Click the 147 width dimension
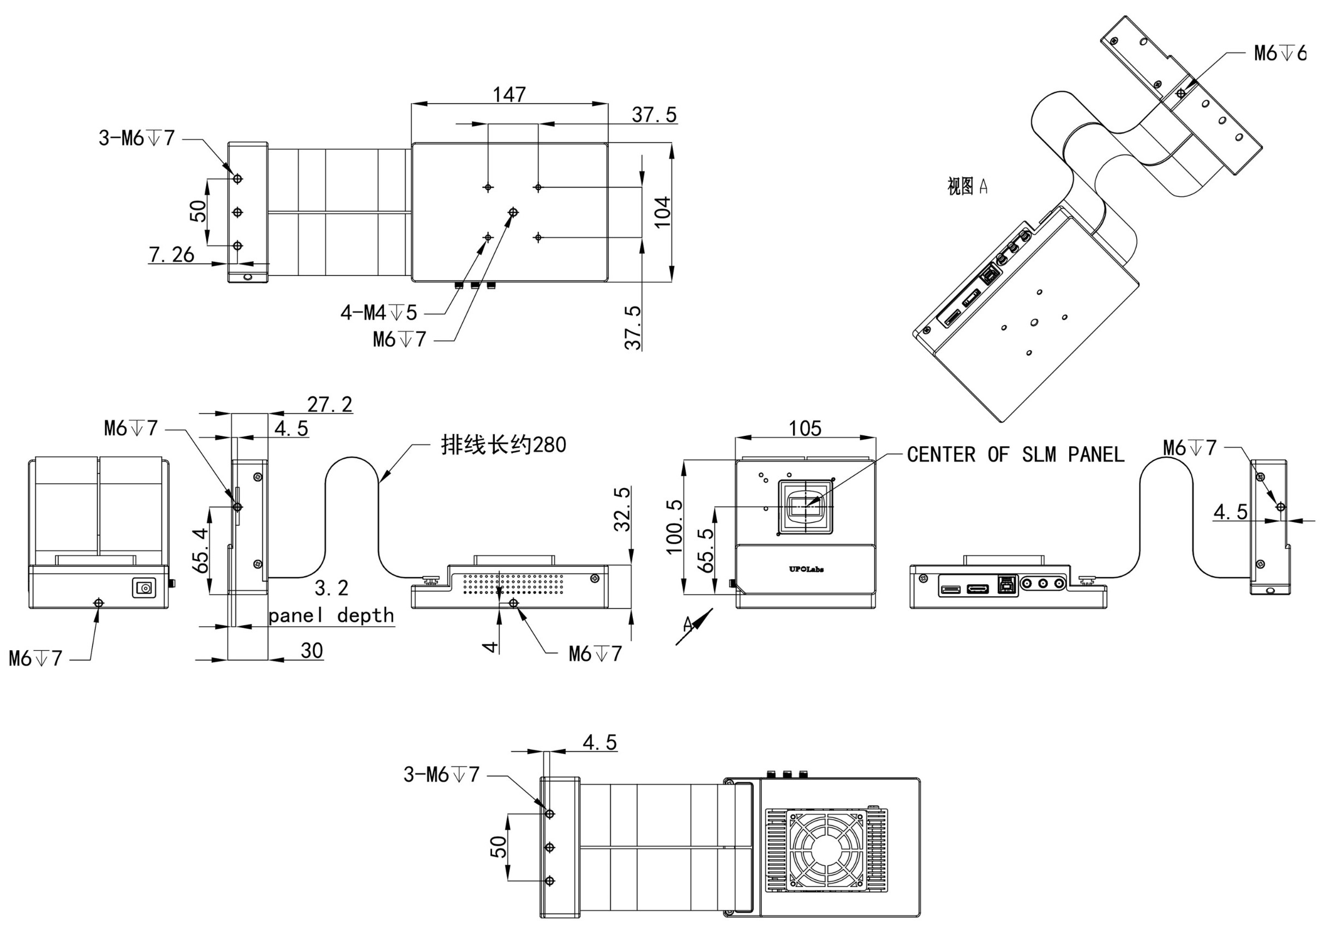point(509,94)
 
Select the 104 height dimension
point(662,212)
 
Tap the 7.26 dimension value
point(171,254)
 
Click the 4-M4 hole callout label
point(379,313)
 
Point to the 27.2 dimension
point(329,404)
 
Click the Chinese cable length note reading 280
point(503,445)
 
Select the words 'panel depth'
point(331,615)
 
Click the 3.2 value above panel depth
point(331,588)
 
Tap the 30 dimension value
point(311,650)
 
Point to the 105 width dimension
point(805,428)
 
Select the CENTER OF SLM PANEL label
point(1015,454)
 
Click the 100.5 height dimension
point(674,526)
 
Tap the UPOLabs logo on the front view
point(806,569)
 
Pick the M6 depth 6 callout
point(1279,53)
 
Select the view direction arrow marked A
point(694,626)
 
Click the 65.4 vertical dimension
point(200,550)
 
